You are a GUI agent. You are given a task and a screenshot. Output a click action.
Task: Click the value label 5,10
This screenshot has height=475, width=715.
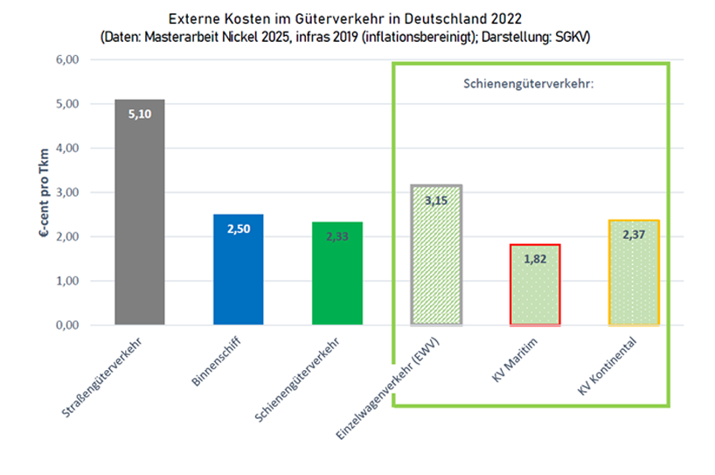tap(140, 114)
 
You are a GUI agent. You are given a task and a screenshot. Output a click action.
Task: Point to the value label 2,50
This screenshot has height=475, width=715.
tap(239, 228)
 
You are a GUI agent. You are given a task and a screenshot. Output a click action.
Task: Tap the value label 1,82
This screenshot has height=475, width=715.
tap(535, 259)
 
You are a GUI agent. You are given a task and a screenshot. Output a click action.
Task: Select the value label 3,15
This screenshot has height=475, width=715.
tap(436, 200)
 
